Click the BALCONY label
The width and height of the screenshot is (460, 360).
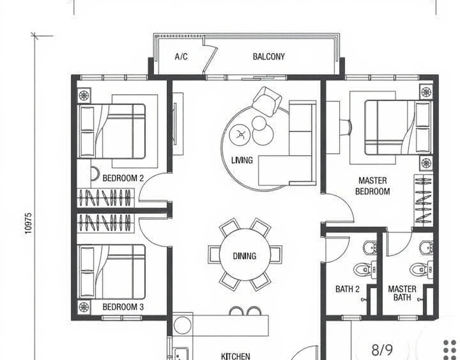[269, 57]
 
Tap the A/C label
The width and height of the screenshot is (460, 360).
[181, 56]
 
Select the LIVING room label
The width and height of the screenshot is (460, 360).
[242, 160]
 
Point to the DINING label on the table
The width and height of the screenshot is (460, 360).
[244, 256]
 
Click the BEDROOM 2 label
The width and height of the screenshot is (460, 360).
[123, 178]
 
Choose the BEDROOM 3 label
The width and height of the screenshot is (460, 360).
[123, 307]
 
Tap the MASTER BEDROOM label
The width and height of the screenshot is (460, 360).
[372, 186]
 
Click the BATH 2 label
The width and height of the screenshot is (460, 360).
[348, 289]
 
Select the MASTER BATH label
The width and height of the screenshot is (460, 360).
[402, 293]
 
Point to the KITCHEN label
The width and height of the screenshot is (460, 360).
[236, 356]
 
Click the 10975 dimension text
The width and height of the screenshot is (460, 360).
[28, 223]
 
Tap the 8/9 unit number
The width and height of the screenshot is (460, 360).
[382, 350]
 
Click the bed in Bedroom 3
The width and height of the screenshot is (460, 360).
[111, 272]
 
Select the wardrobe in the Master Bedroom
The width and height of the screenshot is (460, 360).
[424, 200]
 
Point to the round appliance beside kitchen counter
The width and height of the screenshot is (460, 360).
[183, 325]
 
